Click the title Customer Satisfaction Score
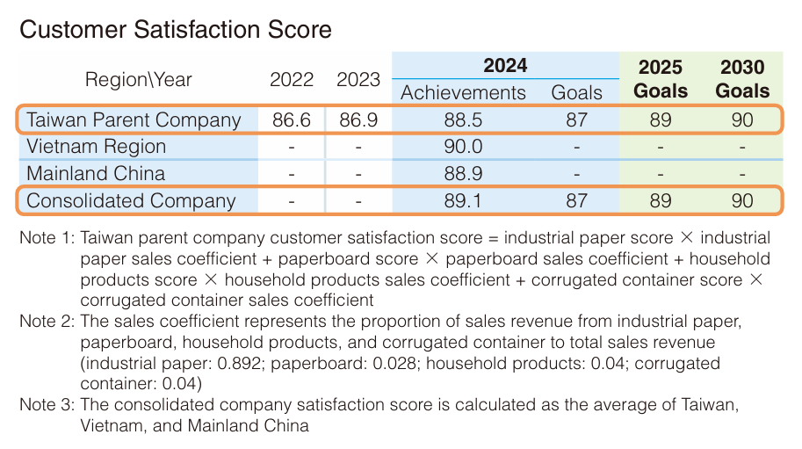(176, 30)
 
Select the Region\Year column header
(138, 80)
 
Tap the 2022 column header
(292, 80)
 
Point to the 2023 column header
(358, 80)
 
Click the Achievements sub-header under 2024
(463, 93)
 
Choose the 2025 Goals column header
(661, 79)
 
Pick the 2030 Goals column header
(742, 79)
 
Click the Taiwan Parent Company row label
(134, 120)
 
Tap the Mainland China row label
(96, 174)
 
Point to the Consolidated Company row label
(132, 201)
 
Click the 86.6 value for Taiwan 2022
(292, 120)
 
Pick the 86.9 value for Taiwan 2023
(358, 120)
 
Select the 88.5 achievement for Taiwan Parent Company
(463, 120)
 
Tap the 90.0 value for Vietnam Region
(463, 147)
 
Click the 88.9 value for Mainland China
(463, 174)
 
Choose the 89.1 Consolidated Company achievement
(463, 201)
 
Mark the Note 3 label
(47, 405)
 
